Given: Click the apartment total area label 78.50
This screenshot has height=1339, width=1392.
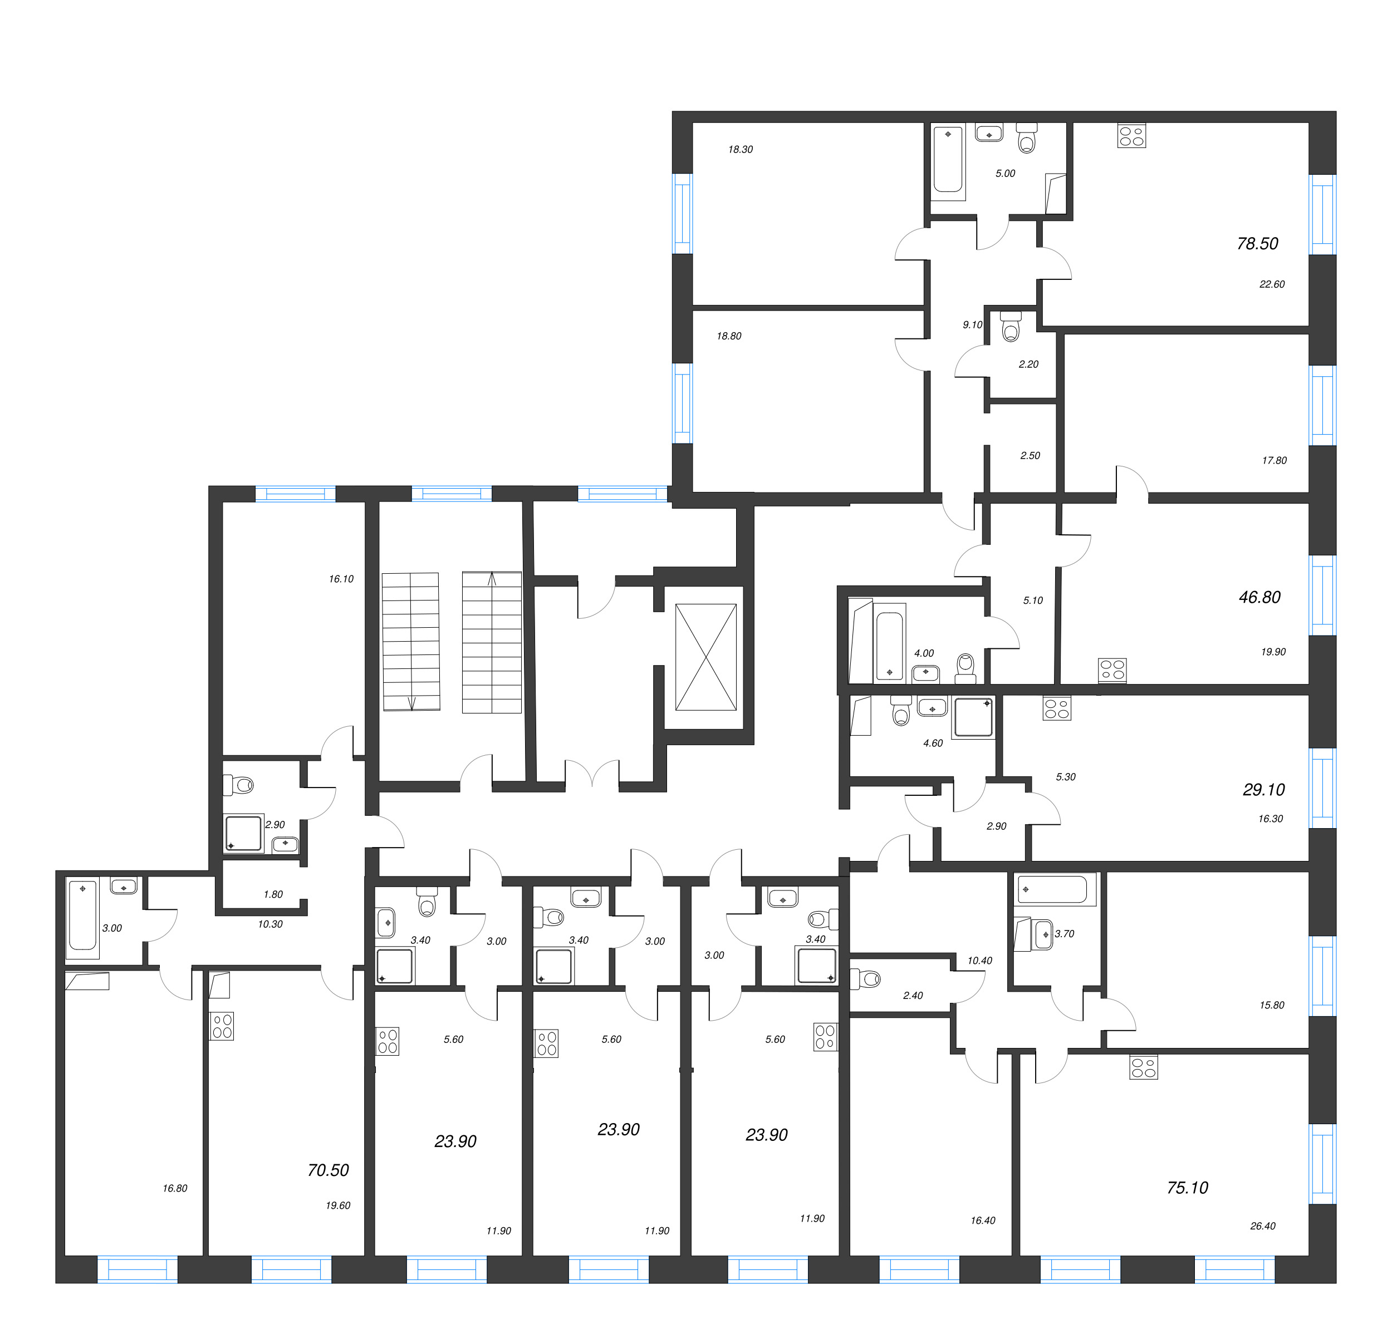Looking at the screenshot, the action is pos(1257,244).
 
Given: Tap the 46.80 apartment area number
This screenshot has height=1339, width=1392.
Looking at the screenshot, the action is pos(1259,597).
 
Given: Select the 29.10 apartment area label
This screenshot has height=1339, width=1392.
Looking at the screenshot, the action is pos(1263,790).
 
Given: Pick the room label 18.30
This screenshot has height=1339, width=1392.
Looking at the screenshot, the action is pos(740,149).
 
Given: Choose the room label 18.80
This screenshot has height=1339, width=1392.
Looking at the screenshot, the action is pos(729,336).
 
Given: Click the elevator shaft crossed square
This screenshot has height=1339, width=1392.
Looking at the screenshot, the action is pos(706,657).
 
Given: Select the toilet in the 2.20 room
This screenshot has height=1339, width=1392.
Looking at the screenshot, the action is pos(1010,327).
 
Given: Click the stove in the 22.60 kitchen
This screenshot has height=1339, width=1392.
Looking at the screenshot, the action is pos(1131,136).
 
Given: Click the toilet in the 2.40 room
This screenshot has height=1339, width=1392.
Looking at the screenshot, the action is pos(865,979).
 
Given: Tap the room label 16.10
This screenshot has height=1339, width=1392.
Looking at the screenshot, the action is pos(341,579).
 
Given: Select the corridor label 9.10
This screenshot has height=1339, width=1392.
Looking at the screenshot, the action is pos(972,324).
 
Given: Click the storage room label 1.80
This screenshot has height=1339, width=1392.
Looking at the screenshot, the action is pos(273,894).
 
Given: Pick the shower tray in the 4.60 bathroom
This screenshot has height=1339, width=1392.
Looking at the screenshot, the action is pos(973,718).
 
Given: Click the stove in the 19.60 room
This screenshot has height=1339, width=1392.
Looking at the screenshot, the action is pos(222,1026).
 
